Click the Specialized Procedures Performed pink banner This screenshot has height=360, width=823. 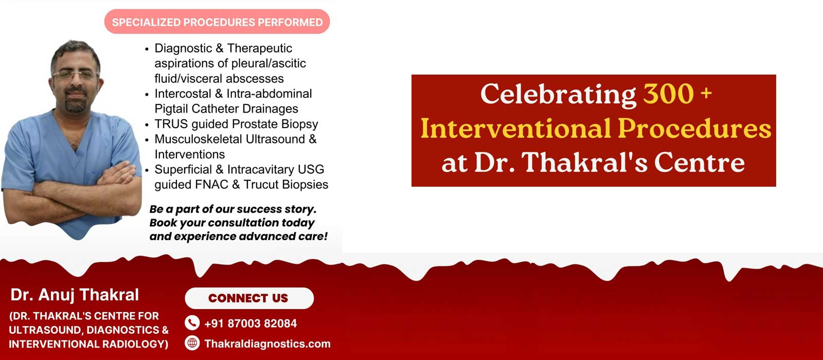point(217,22)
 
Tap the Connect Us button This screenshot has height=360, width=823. point(249,298)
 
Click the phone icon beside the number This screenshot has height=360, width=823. point(192,323)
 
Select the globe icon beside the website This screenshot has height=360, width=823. point(192,343)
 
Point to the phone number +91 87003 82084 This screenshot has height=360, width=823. point(251,323)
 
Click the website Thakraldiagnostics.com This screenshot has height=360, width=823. point(267,344)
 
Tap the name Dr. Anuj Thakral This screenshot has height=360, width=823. point(75,295)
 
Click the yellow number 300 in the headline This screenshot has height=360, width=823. point(668,94)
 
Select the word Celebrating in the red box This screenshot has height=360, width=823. point(558,95)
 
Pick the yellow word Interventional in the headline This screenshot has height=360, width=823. point(516,129)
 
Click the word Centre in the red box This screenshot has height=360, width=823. point(700,163)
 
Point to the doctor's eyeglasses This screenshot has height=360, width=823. point(76,75)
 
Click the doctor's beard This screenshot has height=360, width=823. point(76,102)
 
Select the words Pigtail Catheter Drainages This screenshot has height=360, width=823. point(226,109)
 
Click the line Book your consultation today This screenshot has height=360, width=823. point(232,223)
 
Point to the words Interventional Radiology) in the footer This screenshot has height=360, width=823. point(88,344)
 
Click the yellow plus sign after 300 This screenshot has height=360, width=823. point(706,93)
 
